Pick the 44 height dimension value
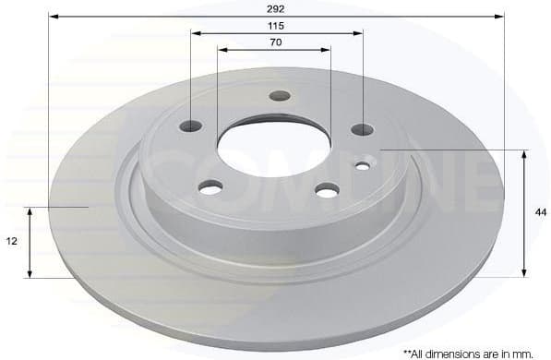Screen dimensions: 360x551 pyautogui.click(x=540, y=212)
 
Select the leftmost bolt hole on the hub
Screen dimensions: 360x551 pyautogui.click(x=191, y=126)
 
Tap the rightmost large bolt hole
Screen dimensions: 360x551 pyautogui.click(x=363, y=130)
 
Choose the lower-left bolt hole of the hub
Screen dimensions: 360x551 pyautogui.click(x=211, y=188)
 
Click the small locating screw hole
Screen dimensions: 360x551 pyautogui.click(x=363, y=167)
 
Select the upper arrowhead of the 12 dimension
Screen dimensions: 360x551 pyautogui.click(x=30, y=212)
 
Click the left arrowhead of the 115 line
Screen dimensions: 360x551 pyautogui.click(x=196, y=33)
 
